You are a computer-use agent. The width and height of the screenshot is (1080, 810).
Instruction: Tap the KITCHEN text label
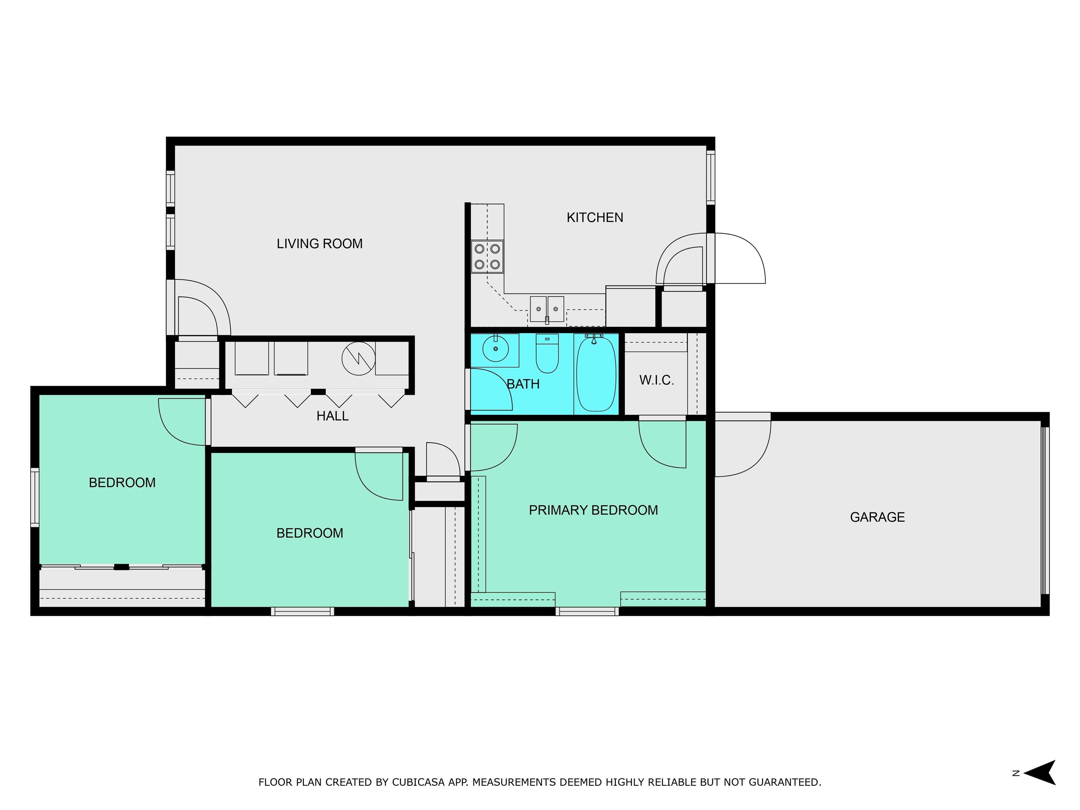click(595, 218)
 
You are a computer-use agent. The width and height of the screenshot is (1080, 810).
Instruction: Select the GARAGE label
click(877, 517)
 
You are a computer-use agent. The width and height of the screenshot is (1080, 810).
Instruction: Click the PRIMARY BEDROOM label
click(593, 510)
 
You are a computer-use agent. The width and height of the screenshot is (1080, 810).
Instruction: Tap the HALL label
click(333, 416)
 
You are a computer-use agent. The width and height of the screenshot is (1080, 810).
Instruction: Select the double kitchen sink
click(547, 309)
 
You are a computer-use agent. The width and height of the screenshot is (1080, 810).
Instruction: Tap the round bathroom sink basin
click(496, 349)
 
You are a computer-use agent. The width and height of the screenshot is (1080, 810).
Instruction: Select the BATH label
click(523, 384)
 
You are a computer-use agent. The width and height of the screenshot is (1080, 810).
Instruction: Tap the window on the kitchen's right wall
click(711, 177)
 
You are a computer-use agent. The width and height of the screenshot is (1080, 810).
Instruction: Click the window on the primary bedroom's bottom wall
click(587, 611)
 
